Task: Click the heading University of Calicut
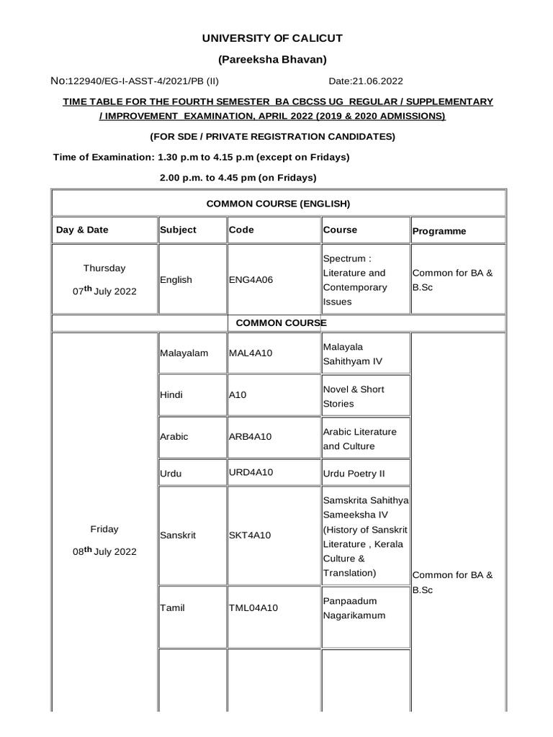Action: point(277,37)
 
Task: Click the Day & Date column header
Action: point(82,230)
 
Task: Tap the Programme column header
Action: point(439,231)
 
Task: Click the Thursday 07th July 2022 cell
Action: point(104,280)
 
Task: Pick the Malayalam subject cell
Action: point(184,353)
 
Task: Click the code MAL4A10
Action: point(251,353)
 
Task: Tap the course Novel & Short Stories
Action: point(353,396)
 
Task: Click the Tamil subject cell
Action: point(173,607)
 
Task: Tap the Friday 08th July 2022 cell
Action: point(104,541)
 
